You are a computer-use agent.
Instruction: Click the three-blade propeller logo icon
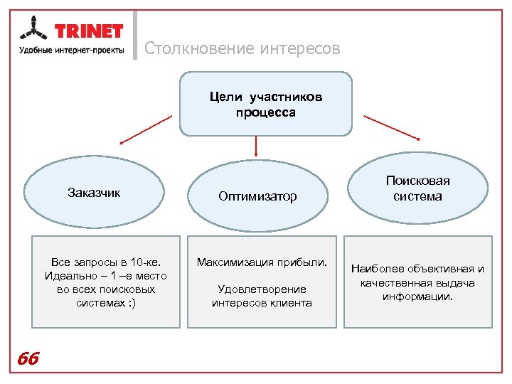(33, 31)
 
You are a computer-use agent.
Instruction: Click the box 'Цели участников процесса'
(265, 104)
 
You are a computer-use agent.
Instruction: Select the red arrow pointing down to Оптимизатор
(255, 146)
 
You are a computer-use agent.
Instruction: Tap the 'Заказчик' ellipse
(94, 192)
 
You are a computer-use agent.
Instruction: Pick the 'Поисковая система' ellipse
(417, 189)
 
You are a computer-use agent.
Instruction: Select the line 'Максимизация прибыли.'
(262, 262)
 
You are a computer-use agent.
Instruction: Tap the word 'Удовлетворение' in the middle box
(262, 289)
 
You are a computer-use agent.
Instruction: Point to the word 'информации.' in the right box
(418, 297)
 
